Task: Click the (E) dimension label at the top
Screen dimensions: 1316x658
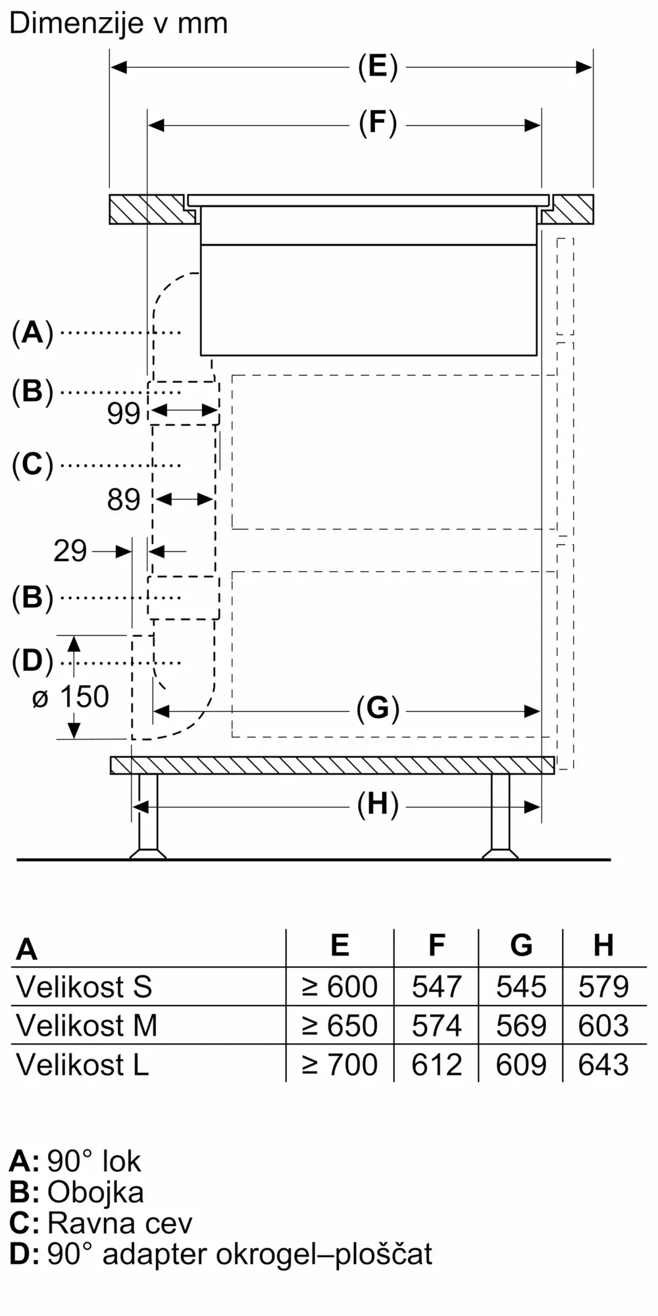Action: (x=378, y=67)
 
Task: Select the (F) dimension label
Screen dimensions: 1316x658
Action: (x=378, y=124)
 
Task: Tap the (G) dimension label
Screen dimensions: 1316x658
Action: (x=378, y=709)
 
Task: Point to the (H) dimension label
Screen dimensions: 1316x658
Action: (x=378, y=805)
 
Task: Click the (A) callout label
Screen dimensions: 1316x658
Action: (x=32, y=333)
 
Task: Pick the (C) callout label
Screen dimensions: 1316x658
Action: (x=32, y=465)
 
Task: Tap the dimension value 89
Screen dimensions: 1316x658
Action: (x=124, y=500)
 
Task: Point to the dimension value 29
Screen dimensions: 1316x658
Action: (x=70, y=551)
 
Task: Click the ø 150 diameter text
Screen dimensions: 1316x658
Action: (x=70, y=697)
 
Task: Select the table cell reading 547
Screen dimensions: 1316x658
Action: (x=436, y=987)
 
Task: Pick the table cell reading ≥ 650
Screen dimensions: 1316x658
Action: (x=340, y=1026)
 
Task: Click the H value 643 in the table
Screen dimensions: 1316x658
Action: (x=603, y=1065)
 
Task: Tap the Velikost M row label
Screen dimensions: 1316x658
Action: (x=87, y=1026)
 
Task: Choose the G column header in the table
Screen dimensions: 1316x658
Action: (x=521, y=946)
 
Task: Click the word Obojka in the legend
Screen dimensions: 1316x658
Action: (x=95, y=1192)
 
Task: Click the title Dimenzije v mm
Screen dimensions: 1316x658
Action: (x=118, y=24)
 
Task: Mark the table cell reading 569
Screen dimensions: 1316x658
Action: (x=521, y=1026)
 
